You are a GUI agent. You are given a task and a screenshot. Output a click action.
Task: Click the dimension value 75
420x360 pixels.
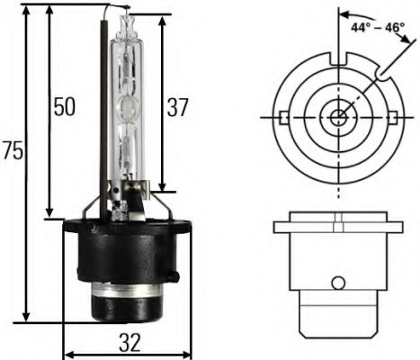(x=13, y=151)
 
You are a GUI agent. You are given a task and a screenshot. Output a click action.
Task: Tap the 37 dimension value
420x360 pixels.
(x=177, y=108)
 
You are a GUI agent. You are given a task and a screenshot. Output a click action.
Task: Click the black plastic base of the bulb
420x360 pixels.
(x=126, y=252)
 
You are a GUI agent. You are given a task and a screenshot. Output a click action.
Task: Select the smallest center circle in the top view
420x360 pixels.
(x=337, y=117)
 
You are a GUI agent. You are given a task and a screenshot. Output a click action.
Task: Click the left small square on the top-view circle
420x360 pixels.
(x=281, y=117)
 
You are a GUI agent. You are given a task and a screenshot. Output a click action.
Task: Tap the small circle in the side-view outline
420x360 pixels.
(x=337, y=283)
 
